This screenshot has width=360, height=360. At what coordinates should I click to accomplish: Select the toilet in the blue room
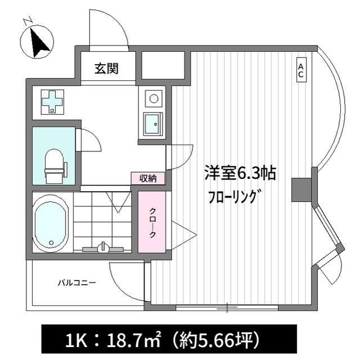tap(53, 164)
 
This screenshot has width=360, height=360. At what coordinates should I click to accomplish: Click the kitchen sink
tap(151, 123)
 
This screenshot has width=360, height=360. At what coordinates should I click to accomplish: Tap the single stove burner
tap(151, 99)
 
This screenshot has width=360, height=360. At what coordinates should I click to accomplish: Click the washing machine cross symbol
tap(53, 101)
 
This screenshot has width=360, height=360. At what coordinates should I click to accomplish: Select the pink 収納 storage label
tap(148, 178)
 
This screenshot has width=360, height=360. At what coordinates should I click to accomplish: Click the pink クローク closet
tap(152, 222)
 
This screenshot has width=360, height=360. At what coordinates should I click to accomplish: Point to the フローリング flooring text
tap(233, 197)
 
